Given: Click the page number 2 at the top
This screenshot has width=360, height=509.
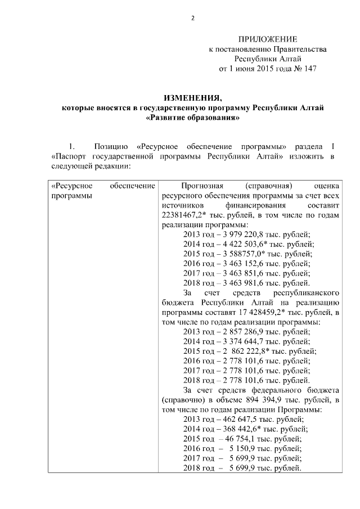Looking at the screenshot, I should point(192,18).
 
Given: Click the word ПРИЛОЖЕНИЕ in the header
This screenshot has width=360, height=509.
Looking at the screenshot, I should point(267,39).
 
